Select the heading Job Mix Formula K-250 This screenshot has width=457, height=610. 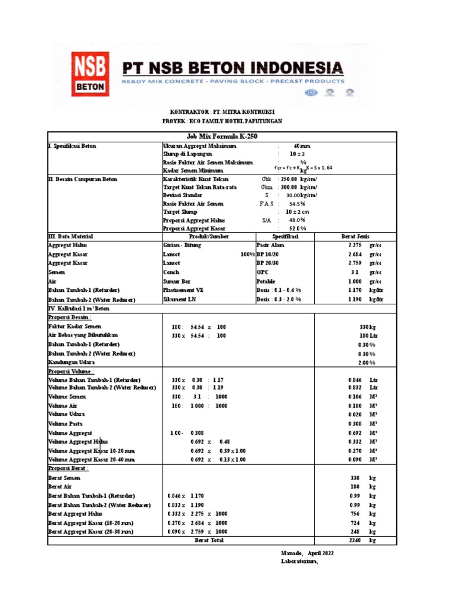(x=222, y=137)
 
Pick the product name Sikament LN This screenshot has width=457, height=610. (x=179, y=299)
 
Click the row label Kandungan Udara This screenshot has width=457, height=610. (x=71, y=362)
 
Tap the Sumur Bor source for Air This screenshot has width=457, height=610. (x=177, y=281)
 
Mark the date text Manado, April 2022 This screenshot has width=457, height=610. (x=307, y=553)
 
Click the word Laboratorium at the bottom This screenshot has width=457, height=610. (x=299, y=562)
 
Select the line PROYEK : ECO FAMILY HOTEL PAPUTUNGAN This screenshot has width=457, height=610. (x=222, y=121)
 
